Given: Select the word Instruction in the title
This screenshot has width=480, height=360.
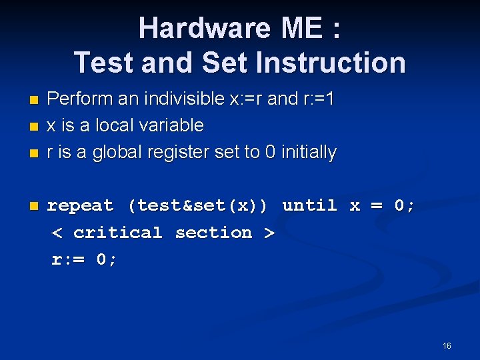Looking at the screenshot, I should click(x=331, y=63).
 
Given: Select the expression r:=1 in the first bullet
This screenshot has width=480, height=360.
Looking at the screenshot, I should click(x=319, y=99).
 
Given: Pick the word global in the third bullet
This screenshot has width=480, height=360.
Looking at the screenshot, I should click(x=117, y=153).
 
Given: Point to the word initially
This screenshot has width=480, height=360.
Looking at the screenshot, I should click(x=309, y=153).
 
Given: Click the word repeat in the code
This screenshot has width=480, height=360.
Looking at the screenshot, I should click(x=80, y=206).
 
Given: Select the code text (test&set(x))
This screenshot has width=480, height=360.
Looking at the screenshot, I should click(x=198, y=206).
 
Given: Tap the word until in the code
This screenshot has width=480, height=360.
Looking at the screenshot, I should click(x=309, y=206).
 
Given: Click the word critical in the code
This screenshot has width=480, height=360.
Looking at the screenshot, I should click(x=118, y=233).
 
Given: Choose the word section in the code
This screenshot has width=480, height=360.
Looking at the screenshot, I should click(x=213, y=233).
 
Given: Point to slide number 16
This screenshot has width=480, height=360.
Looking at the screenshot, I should click(x=447, y=346).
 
